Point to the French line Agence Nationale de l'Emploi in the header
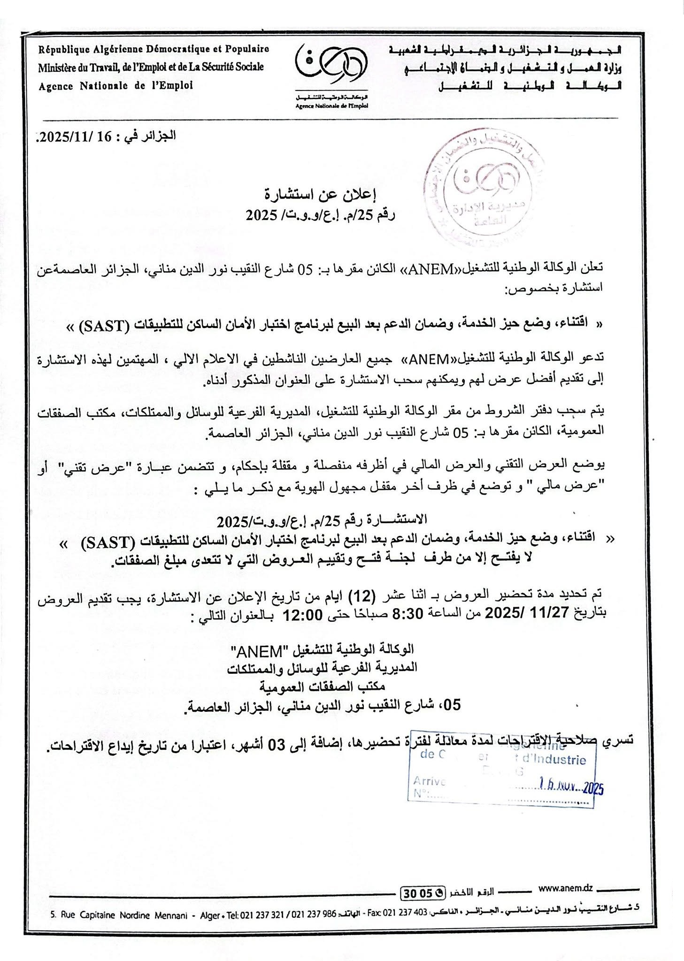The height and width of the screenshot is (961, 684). click(116, 86)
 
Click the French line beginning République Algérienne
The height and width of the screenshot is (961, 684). click(154, 48)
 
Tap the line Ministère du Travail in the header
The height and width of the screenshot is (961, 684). click(151, 67)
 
